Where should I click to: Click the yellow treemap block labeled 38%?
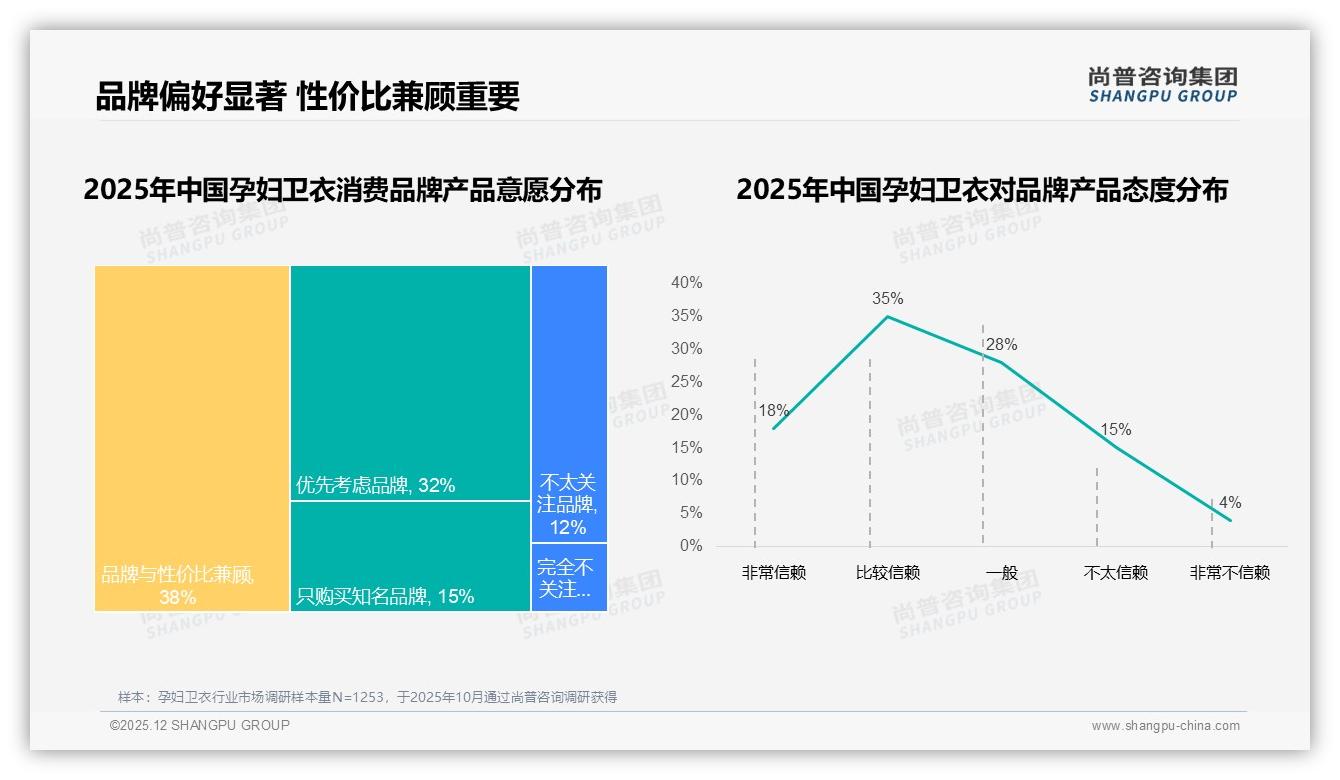[x=192, y=438]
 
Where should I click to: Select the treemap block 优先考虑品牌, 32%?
[x=410, y=382]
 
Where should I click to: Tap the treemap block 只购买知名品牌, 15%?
[x=410, y=556]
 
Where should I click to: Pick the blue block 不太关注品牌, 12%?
[x=569, y=403]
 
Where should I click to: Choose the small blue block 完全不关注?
[x=569, y=577]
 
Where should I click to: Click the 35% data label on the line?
[x=887, y=298]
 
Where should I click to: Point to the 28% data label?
[x=1001, y=345]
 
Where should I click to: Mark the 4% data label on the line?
[x=1229, y=503]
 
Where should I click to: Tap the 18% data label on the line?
[x=773, y=410]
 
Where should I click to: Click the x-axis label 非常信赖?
[x=773, y=573]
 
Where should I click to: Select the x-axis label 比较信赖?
[x=887, y=573]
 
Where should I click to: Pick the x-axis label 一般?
[x=1001, y=573]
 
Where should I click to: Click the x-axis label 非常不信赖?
[x=1229, y=573]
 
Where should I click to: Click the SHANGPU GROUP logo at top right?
[x=1162, y=85]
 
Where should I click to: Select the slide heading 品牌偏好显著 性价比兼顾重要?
[x=307, y=97]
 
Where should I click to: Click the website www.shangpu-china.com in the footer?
[x=1165, y=726]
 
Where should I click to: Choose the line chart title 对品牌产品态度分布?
[x=982, y=190]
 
